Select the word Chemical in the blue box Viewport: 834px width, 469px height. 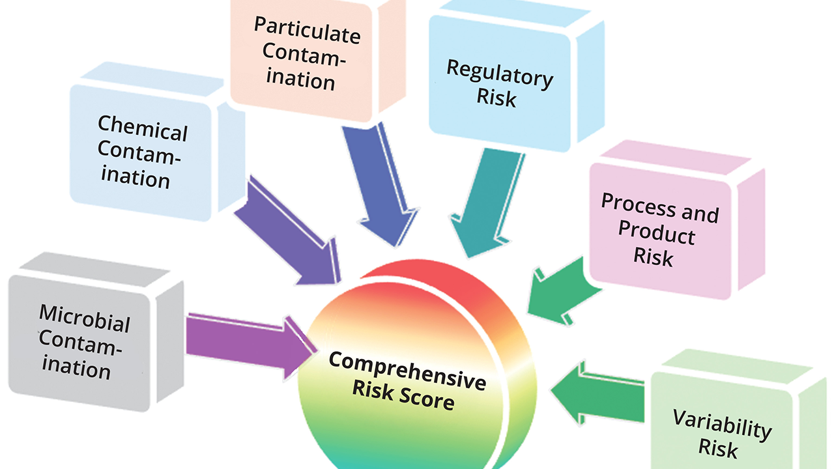tap(143, 127)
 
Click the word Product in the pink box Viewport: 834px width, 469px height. tap(656, 233)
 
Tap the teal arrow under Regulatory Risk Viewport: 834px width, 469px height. tap(485, 202)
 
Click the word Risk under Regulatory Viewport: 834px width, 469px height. tap(496, 98)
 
